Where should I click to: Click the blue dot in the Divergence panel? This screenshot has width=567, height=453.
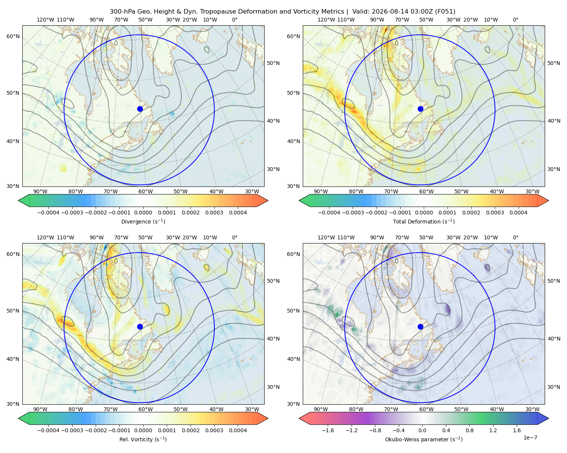[140, 109]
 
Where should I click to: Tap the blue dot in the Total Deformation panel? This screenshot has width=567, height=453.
[420, 109]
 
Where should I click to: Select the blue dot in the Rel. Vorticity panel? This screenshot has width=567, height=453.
[140, 327]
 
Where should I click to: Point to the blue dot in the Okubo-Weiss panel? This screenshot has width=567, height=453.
[420, 327]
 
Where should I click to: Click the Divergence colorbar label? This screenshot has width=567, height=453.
[143, 222]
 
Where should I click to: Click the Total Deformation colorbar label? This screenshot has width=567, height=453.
[424, 222]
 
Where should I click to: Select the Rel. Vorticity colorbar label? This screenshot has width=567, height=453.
[143, 439]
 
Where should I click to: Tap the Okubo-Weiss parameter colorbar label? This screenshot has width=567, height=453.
[424, 439]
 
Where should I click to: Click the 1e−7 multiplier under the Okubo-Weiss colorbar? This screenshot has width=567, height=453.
[530, 438]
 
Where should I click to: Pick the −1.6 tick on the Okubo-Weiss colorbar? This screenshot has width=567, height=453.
[328, 430]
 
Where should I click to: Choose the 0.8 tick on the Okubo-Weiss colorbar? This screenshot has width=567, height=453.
[469, 430]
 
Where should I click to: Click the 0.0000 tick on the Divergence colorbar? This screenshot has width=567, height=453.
[143, 213]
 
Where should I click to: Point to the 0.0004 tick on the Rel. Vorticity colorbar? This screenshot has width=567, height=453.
[238, 430]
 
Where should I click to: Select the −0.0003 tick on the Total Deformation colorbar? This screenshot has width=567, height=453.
[353, 213]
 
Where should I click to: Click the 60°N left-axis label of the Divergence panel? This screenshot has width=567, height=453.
[13, 36]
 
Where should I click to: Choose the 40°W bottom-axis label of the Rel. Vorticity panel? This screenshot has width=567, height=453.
[216, 409]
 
